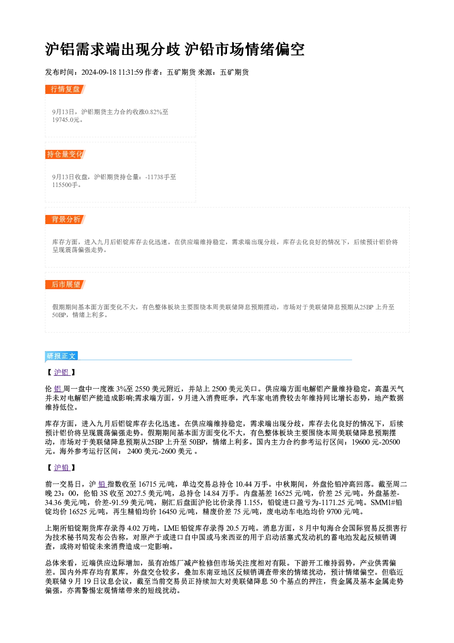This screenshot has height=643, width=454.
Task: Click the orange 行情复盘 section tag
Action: [65, 89]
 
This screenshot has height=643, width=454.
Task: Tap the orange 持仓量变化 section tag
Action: [65, 154]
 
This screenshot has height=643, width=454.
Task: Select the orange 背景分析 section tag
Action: [65, 220]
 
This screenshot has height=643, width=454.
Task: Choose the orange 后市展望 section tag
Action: [65, 285]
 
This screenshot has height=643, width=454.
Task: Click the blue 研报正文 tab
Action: [61, 356]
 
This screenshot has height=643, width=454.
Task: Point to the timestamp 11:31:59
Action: [131, 72]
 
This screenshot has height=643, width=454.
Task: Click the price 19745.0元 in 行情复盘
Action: [65, 120]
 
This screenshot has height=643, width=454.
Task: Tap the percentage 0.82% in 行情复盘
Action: [154, 112]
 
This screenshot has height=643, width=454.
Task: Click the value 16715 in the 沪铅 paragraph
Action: [147, 484]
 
